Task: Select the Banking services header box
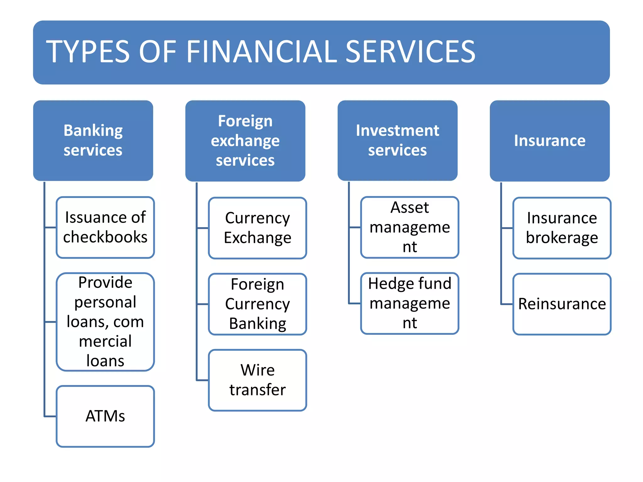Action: pyautogui.click(x=93, y=140)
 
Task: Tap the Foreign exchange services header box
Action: pyautogui.click(x=245, y=141)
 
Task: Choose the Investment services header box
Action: pyautogui.click(x=397, y=140)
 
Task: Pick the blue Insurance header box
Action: pyautogui.click(x=549, y=141)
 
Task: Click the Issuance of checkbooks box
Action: pyautogui.click(x=105, y=227)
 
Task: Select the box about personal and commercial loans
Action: pyautogui.click(x=105, y=322)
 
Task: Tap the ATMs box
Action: pyautogui.click(x=105, y=416)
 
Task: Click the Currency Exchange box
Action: pyautogui.click(x=257, y=228)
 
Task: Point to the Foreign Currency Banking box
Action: pyautogui.click(x=257, y=304)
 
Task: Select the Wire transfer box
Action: pyautogui.click(x=257, y=380)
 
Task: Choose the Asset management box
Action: pyautogui.click(x=410, y=227)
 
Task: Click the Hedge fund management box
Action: pyautogui.click(x=410, y=303)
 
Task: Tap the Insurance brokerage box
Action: pyautogui.click(x=562, y=228)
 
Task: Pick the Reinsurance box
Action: pyautogui.click(x=562, y=304)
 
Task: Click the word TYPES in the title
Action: pyautogui.click(x=88, y=52)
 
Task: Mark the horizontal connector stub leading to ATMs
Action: pyautogui.click(x=50, y=416)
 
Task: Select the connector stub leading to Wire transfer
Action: pyautogui.click(x=203, y=380)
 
